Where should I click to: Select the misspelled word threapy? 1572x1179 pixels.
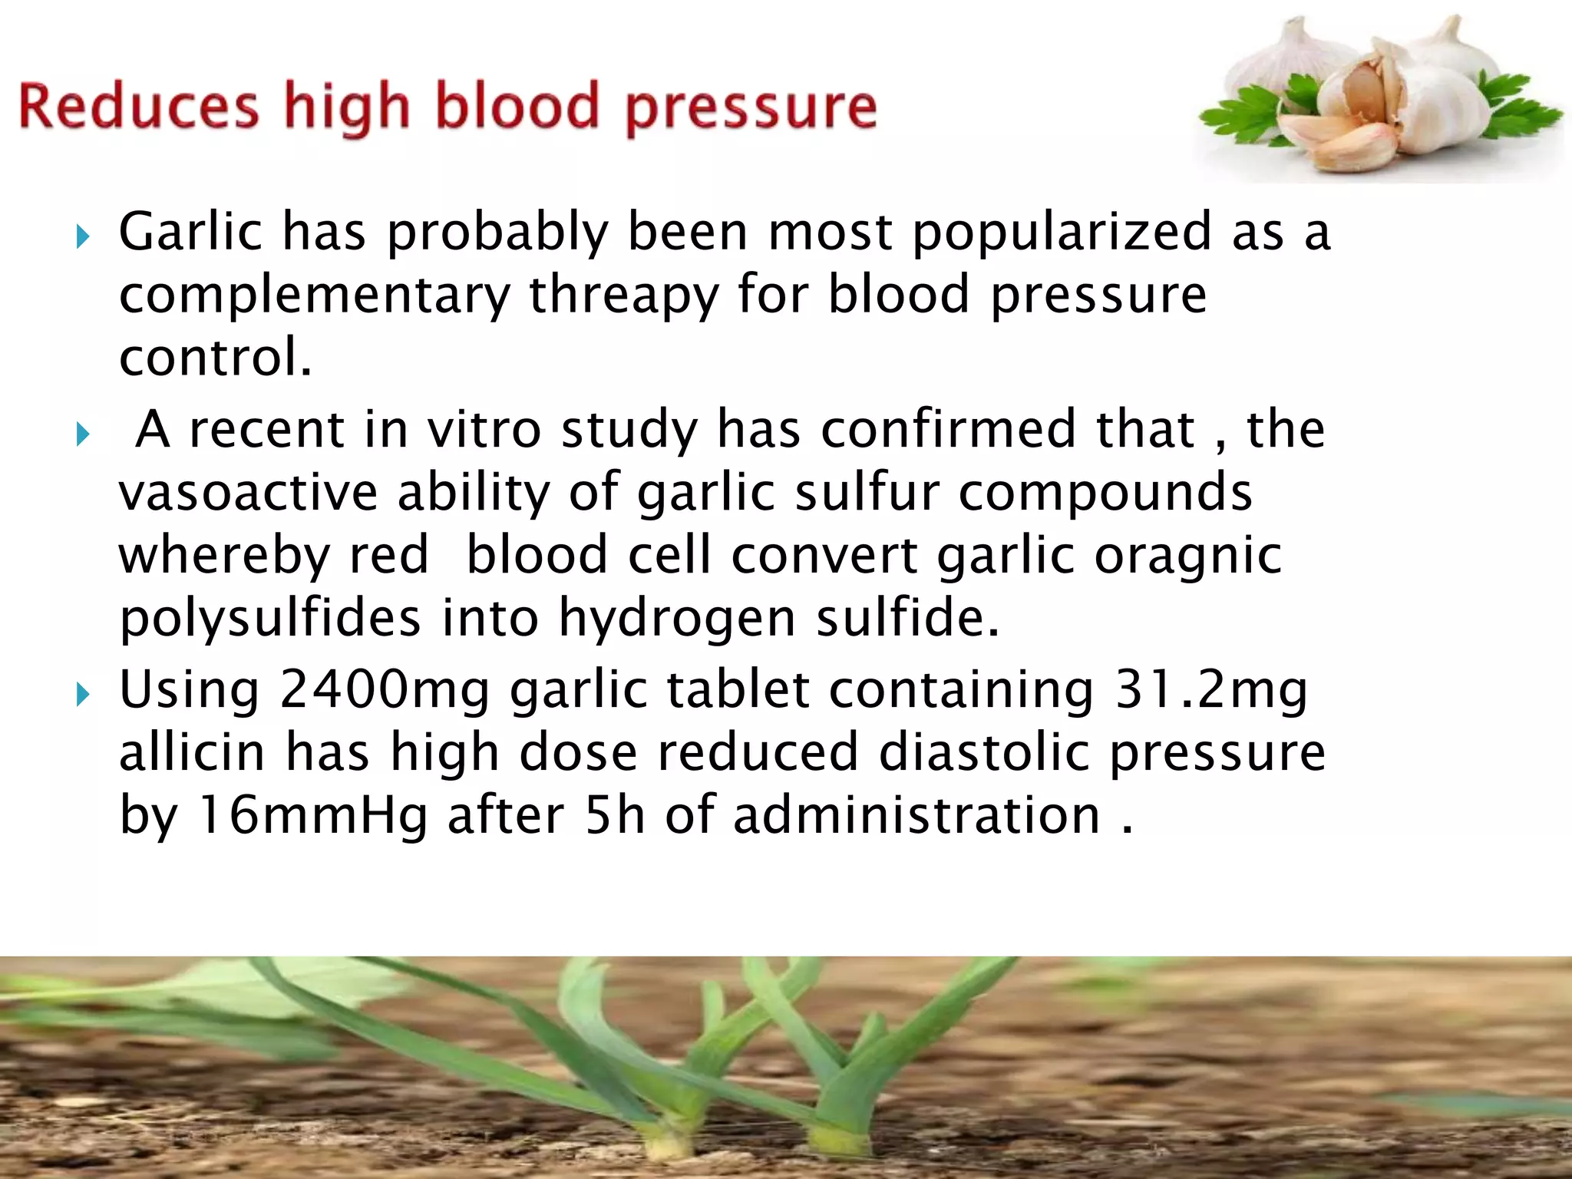point(623,296)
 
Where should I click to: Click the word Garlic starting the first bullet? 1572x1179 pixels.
point(190,232)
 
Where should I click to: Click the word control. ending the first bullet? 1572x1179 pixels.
point(216,357)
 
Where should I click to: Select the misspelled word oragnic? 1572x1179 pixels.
point(1187,555)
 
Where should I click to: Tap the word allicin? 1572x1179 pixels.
point(192,751)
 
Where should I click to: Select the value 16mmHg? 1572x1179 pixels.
point(312,814)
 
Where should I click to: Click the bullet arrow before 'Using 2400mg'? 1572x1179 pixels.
point(83,695)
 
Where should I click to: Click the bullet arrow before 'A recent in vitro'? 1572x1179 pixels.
point(83,435)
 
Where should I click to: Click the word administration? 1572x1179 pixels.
point(917,814)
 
